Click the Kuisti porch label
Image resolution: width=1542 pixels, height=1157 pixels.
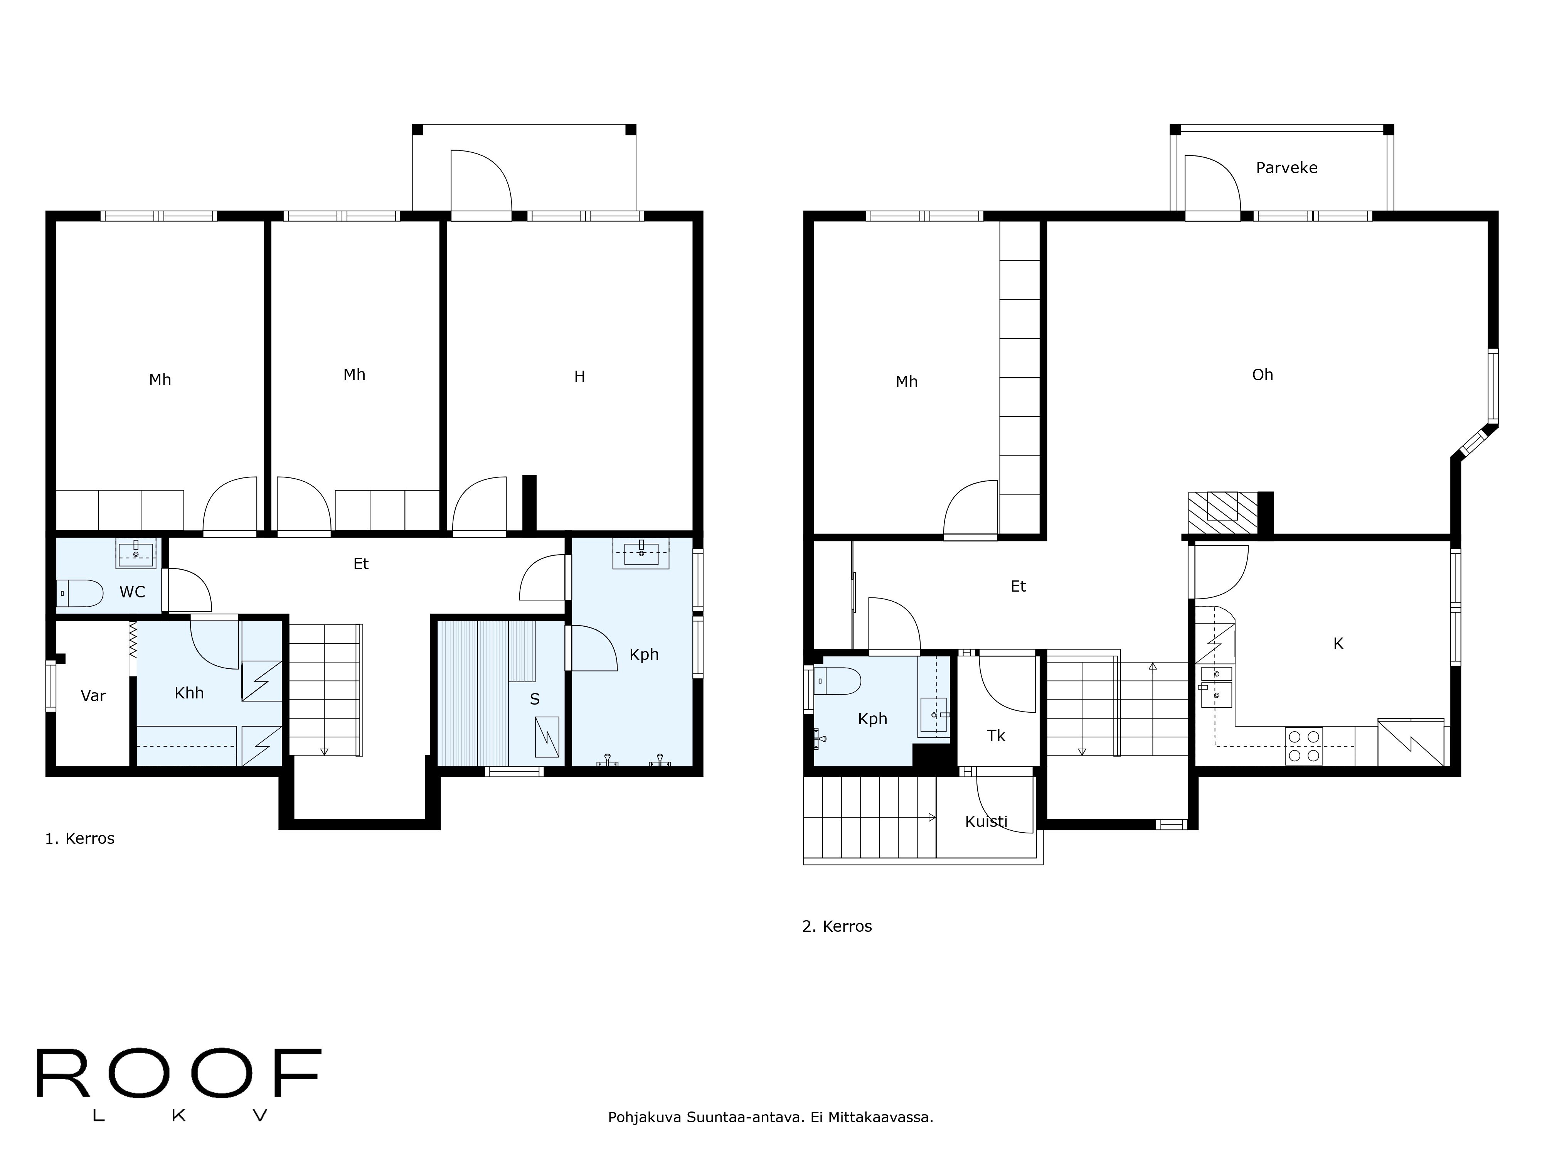click(986, 821)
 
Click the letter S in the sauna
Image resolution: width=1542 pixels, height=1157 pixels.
click(535, 699)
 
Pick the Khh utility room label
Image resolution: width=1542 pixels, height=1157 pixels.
click(189, 693)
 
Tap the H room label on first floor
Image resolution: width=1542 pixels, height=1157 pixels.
click(579, 376)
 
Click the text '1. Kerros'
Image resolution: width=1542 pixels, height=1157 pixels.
click(79, 838)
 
